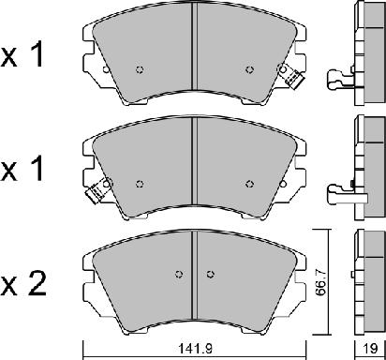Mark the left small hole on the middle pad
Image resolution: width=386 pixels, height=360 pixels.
pyautogui.click(x=140, y=183)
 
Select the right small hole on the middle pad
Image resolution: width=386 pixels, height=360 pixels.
pyautogui.click(x=249, y=183)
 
